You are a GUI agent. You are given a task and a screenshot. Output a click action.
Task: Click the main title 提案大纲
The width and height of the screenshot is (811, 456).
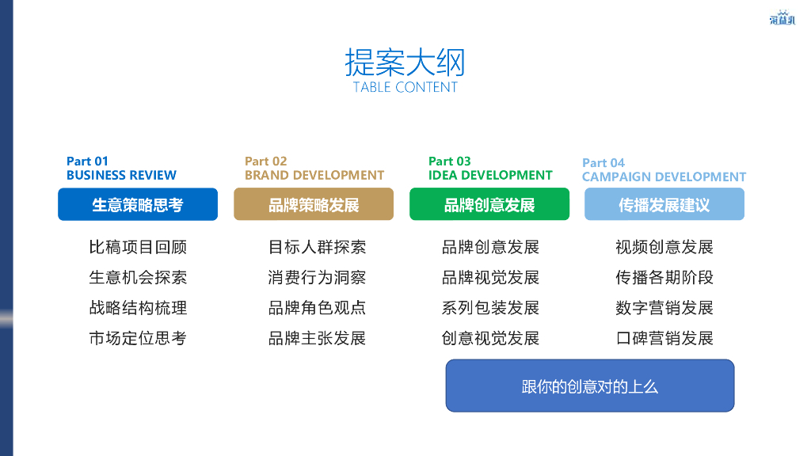(405, 62)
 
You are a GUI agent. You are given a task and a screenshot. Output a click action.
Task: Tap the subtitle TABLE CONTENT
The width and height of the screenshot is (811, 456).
(405, 87)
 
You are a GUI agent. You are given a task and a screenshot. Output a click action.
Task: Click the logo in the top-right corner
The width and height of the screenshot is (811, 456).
(782, 17)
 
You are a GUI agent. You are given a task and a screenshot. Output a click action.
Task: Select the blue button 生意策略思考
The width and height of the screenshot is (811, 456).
(138, 205)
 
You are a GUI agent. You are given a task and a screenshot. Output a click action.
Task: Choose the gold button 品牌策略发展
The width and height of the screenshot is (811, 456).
(314, 205)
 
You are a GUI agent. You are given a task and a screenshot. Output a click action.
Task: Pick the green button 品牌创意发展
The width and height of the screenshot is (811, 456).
(489, 205)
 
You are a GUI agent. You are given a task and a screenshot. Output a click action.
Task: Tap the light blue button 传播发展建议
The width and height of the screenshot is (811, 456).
(664, 205)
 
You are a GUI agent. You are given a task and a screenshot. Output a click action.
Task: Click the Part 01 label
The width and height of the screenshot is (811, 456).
(87, 161)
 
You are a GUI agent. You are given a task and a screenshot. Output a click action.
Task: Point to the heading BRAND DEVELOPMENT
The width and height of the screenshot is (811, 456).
(314, 176)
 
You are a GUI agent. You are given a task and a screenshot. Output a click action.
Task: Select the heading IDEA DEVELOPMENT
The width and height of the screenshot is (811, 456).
(490, 176)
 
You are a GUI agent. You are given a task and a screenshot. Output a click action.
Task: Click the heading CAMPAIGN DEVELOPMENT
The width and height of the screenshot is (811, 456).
(664, 177)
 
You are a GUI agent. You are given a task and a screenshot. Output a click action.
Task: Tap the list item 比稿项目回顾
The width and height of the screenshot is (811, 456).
(138, 248)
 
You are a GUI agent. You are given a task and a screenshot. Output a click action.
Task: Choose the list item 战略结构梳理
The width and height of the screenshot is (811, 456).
(138, 308)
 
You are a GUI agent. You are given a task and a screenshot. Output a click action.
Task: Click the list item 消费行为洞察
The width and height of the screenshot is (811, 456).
(317, 278)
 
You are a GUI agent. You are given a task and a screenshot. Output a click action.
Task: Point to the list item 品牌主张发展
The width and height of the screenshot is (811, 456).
(317, 339)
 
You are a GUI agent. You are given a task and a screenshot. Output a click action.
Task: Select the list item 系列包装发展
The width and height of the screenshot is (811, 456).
(490, 308)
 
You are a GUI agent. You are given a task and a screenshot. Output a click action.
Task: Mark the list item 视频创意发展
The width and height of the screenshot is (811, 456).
(664, 248)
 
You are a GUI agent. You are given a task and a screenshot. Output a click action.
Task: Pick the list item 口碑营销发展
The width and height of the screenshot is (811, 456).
(664, 339)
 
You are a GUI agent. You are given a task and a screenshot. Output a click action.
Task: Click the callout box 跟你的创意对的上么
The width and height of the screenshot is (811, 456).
(590, 386)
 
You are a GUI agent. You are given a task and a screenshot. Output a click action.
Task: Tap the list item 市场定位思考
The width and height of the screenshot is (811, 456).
(138, 339)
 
